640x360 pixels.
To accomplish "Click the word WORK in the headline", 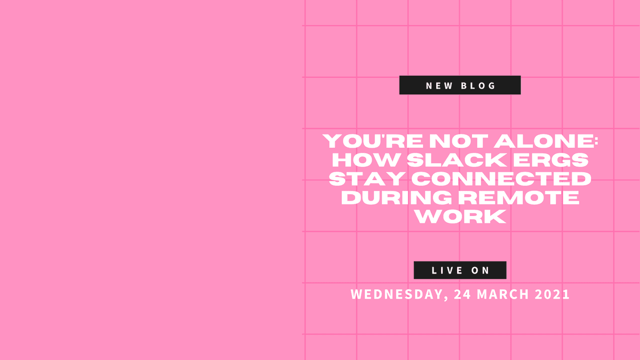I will tap(460, 216).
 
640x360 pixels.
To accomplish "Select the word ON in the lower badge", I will tap(481, 270).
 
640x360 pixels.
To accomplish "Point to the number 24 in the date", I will tap(462, 294).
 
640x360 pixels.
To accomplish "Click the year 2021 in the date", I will tap(553, 294).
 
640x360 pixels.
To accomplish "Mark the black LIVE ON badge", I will tap(460, 270).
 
